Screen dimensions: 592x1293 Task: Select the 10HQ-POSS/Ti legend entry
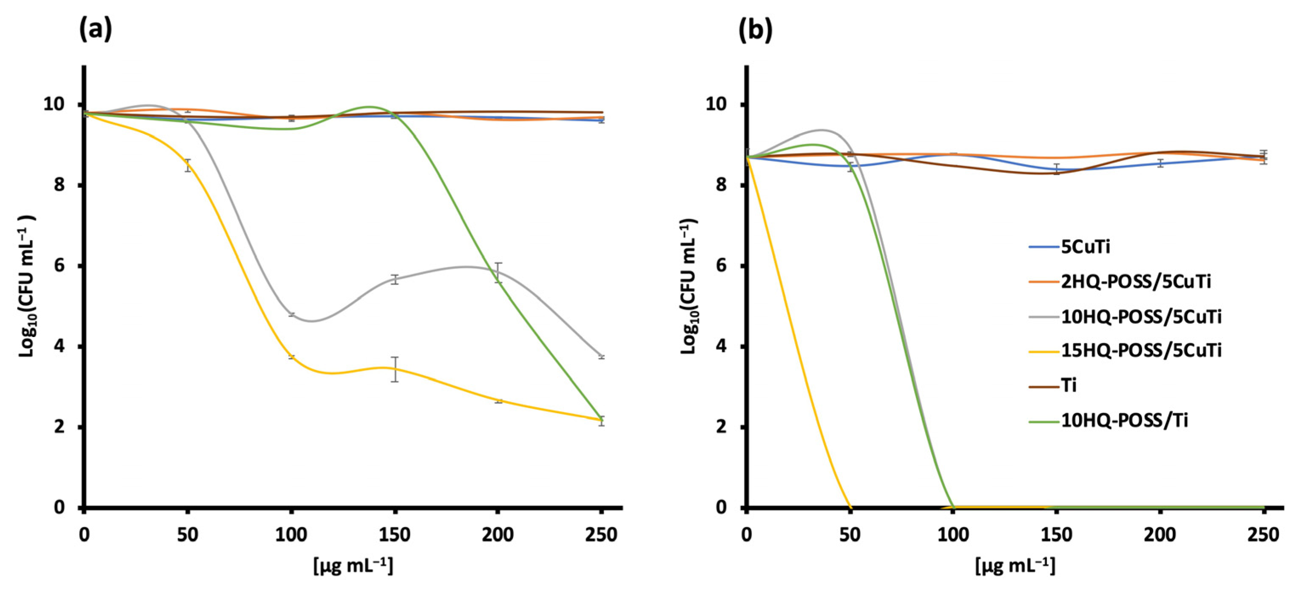[1124, 420]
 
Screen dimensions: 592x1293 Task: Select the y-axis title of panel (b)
[689, 286]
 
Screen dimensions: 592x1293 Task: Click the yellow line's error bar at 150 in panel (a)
[395, 369]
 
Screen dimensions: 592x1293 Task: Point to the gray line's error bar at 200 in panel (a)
[498, 272]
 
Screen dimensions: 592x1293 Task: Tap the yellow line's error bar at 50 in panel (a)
[188, 165]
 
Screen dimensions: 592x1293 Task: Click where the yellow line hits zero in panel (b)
[850, 507]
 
